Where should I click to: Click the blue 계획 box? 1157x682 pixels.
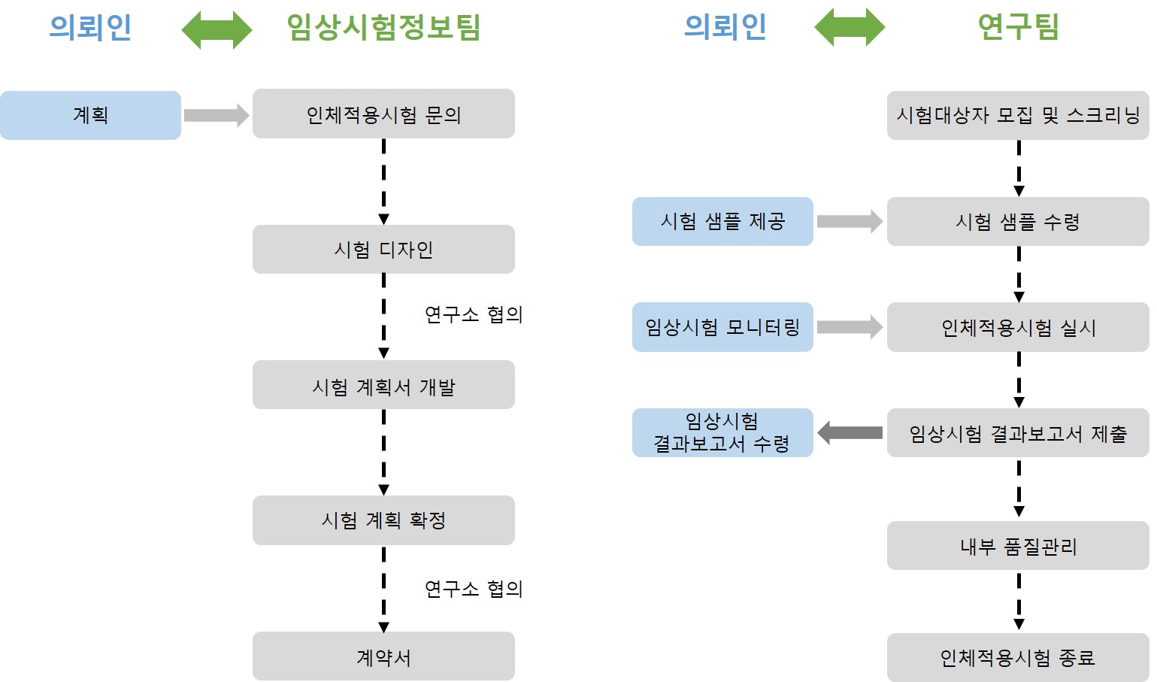pos(90,115)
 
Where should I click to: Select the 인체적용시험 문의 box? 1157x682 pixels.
pos(383,114)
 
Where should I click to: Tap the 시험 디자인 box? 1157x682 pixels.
pos(383,250)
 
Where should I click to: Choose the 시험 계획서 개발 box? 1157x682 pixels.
pos(383,385)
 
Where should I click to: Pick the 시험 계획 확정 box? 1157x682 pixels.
pos(383,520)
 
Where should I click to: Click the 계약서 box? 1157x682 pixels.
pos(383,656)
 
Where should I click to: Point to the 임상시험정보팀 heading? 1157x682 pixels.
pos(383,27)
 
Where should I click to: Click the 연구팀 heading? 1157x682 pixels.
pos(1018,27)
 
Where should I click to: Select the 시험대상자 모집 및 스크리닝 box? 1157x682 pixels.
pos(1018,115)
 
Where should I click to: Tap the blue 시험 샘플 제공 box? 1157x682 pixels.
pos(722,222)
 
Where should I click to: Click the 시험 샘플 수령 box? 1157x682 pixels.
pos(1018,222)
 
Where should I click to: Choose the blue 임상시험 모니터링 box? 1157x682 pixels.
pos(722,327)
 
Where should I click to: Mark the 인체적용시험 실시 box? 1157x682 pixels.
pos(1018,327)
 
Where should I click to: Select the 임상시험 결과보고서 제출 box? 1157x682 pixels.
pos(1018,433)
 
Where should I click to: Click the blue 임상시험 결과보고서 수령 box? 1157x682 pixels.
pos(722,433)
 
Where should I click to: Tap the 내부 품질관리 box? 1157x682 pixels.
pos(1018,546)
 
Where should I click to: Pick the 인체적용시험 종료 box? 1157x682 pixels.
pos(1018,658)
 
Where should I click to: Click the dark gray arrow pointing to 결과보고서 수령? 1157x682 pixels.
pos(850,433)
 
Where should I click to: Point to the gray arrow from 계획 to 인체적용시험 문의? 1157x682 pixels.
pos(217,115)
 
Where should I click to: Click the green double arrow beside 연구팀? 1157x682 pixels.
pos(850,28)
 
